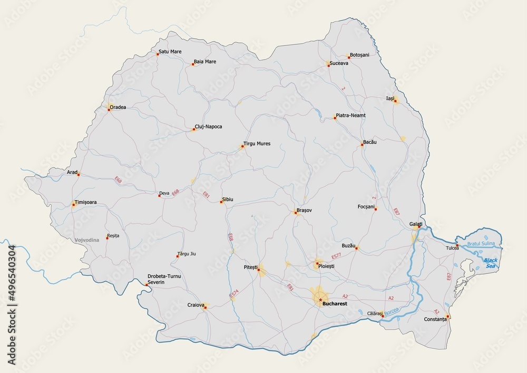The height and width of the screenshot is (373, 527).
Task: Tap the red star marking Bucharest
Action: point(320,300)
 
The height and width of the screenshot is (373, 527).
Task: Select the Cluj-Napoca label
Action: point(208,127)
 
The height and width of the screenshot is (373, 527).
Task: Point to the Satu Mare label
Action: point(170,52)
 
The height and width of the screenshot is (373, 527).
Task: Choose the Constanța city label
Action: point(435,320)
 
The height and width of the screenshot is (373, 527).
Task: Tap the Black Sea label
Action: point(491,263)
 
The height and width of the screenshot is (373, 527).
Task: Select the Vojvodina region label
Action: point(88,240)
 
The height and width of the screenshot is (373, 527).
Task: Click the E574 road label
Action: point(234,296)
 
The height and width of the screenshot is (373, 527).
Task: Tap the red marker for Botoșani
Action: point(349,57)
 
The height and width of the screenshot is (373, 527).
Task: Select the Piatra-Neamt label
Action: point(350,116)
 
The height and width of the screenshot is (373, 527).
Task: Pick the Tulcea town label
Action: point(452,248)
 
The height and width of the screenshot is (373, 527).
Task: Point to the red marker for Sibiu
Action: point(221,202)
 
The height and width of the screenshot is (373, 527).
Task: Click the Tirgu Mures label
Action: point(257,144)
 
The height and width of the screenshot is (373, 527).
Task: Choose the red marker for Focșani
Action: point(376,209)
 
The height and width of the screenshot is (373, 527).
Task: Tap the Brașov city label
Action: point(305,210)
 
